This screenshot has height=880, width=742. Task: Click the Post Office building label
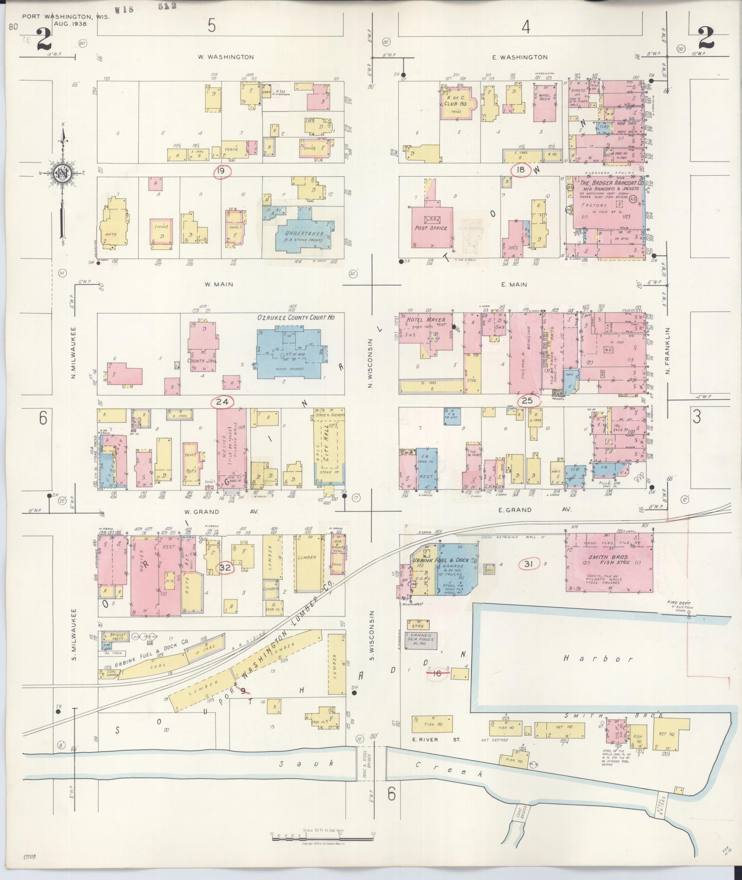pyautogui.click(x=431, y=228)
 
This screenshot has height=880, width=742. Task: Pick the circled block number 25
pyautogui.click(x=527, y=401)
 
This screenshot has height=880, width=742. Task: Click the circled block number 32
pyautogui.click(x=224, y=569)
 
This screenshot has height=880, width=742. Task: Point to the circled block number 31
pyautogui.click(x=528, y=564)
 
